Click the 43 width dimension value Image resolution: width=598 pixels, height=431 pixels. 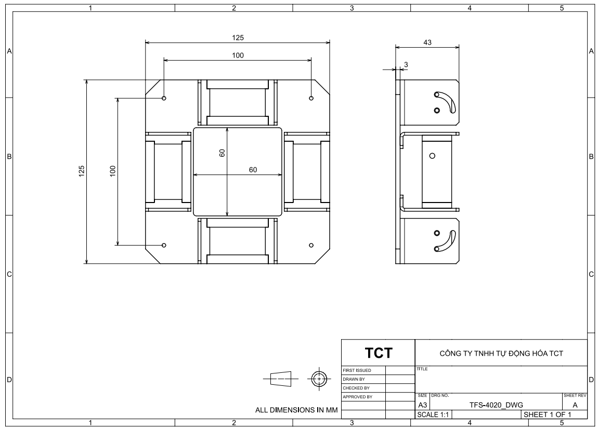coord(427,43)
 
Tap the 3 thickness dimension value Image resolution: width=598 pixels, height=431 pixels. coord(406,65)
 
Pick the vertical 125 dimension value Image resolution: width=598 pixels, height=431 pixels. coord(81,171)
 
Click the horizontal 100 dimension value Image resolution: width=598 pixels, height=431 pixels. coord(238,56)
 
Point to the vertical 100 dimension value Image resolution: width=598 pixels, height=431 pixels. coord(112,171)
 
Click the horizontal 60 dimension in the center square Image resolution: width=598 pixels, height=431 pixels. coord(253,170)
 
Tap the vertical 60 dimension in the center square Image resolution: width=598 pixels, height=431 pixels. coord(222,153)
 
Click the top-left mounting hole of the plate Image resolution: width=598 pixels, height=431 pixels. coord(164,98)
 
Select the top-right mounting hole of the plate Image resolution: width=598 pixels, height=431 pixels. coord(311,98)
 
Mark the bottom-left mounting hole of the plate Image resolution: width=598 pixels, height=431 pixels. coord(164,245)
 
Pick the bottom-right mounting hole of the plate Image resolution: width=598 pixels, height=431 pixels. coord(311,245)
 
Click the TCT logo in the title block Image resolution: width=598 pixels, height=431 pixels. coord(379,353)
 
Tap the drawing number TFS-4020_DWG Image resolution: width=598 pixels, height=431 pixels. coord(496,405)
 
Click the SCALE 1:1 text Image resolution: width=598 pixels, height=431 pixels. coord(433,414)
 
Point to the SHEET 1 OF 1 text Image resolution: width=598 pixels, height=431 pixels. coord(547,414)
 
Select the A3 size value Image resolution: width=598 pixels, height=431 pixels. coord(423,405)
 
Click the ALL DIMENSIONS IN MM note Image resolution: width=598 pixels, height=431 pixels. coord(296,410)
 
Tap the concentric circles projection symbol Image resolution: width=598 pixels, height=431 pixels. coord(319,379)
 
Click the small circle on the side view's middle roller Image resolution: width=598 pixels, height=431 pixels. coord(432,156)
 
